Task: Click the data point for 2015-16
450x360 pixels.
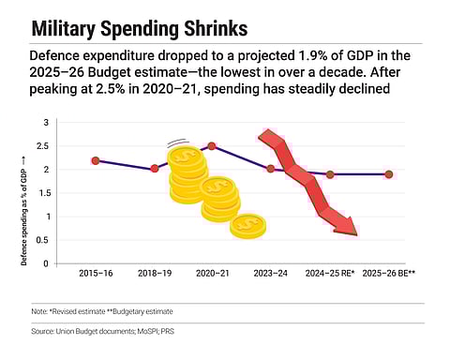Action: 95,161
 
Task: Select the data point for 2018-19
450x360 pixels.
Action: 155,169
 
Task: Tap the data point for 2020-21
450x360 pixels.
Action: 212,145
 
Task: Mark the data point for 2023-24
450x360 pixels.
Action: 271,169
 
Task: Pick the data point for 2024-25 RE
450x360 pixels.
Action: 330,173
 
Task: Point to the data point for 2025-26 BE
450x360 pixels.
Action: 388,173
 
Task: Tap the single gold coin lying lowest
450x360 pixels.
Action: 248,226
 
